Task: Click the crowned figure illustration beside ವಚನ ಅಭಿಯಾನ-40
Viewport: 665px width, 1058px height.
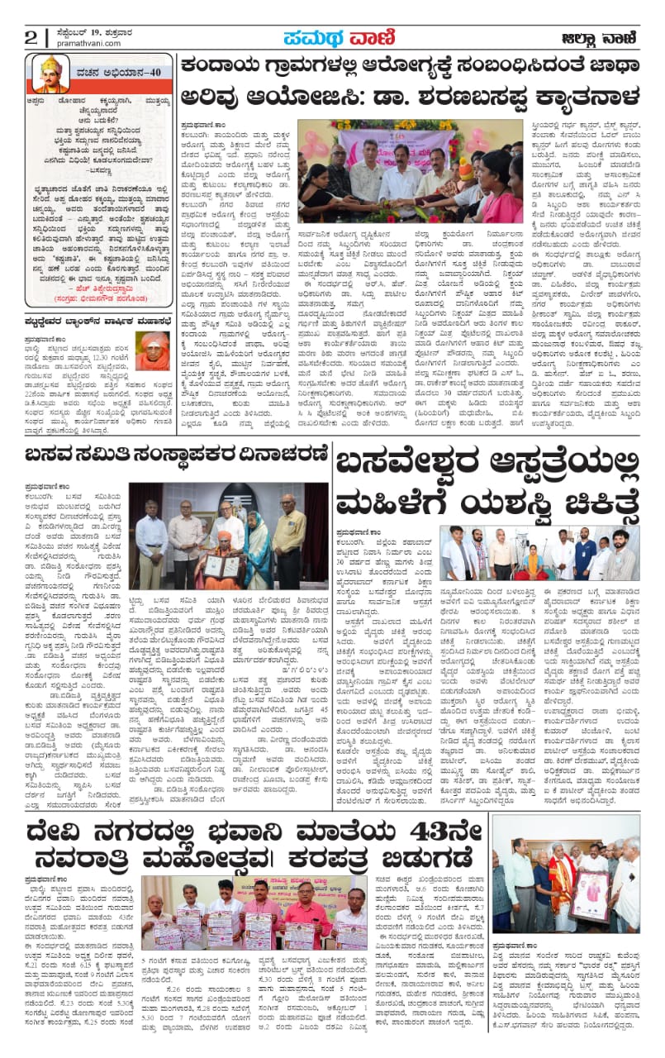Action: (x=52, y=75)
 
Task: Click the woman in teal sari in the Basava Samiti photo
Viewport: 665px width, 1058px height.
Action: (x=258, y=547)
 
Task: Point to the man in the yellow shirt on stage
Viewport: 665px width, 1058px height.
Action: (x=290, y=546)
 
